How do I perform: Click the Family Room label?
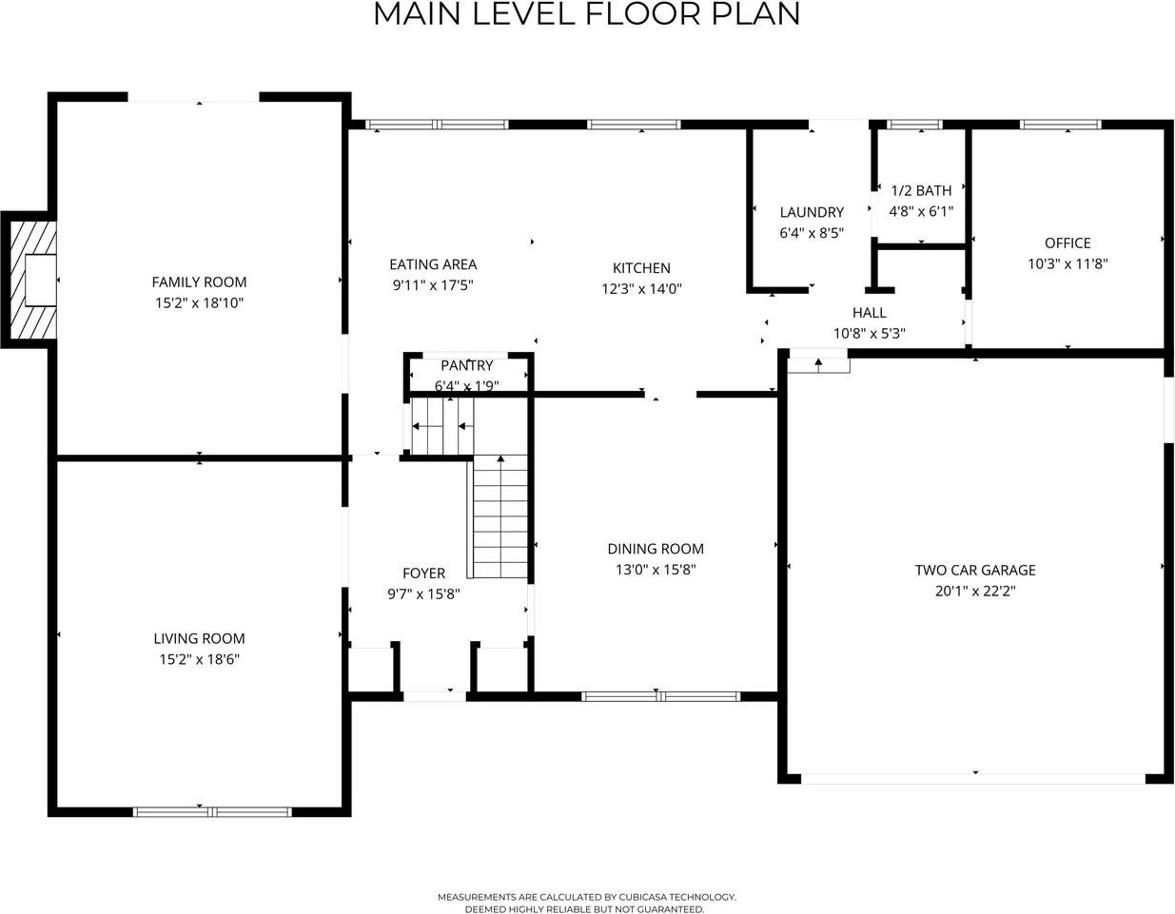199,282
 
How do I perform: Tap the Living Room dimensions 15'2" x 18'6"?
199,659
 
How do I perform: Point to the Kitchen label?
641,268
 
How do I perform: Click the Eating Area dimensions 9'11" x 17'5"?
433,284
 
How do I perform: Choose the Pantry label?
466,366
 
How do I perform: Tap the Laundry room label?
812,212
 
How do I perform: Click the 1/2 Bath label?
921,191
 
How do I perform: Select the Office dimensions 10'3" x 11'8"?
1067,263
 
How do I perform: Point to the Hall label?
869,313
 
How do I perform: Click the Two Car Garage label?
975,571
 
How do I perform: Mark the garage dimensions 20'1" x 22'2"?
975,592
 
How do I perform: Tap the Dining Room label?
656,549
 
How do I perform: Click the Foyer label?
423,574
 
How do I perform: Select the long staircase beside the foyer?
499,516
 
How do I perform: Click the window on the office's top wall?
1060,125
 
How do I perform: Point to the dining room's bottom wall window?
660,697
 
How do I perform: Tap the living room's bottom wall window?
212,812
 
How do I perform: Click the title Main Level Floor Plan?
587,14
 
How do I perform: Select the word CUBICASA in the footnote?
641,897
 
